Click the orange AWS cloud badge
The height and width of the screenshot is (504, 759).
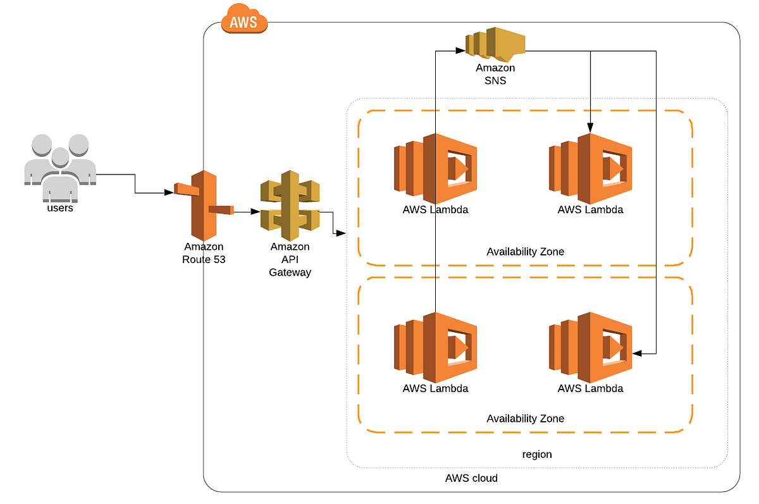point(244,22)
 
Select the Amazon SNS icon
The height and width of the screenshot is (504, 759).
point(496,43)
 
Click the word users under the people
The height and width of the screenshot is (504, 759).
point(60,208)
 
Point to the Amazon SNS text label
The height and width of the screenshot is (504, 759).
point(495,74)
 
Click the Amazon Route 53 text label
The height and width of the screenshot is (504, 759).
point(204,253)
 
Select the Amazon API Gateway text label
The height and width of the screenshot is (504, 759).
point(290,259)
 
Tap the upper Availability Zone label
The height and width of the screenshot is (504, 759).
point(525,252)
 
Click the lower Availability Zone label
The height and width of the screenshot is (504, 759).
point(525,419)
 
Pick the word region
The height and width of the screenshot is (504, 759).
point(536,454)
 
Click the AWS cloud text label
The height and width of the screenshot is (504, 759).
point(471,478)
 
